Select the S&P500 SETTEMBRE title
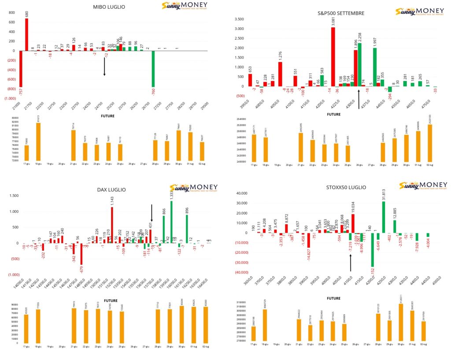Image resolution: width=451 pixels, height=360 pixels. (x=341, y=13)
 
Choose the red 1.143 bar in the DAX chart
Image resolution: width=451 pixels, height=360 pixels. (x=112, y=225)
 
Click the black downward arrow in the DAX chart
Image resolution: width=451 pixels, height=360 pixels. (x=152, y=213)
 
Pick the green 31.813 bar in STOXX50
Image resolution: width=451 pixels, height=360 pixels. (x=384, y=217)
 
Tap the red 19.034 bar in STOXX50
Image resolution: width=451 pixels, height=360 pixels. (x=353, y=223)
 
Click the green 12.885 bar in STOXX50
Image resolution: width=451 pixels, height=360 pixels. (x=395, y=226)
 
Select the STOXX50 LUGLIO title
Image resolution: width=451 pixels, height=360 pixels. (x=341, y=187)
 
